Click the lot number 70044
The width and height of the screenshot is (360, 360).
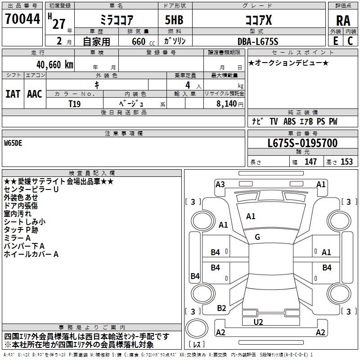click(22, 19)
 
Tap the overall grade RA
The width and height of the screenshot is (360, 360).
click(343, 21)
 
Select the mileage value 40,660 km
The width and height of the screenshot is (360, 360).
click(55, 65)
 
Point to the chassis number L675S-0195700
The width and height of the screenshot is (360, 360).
click(302, 143)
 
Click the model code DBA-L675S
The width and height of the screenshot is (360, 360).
click(258, 41)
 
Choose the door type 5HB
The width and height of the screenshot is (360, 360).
click(174, 20)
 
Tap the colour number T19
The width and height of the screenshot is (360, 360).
click(75, 104)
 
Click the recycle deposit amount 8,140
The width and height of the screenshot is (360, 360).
click(226, 104)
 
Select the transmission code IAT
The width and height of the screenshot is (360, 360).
click(13, 94)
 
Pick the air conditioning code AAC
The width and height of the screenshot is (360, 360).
click(35, 94)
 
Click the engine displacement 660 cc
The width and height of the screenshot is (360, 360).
click(143, 42)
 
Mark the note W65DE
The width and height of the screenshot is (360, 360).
click(13, 143)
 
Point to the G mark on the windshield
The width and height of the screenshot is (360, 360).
click(257, 237)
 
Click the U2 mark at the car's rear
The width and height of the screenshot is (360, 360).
click(258, 322)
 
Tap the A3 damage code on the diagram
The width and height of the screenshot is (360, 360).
click(220, 184)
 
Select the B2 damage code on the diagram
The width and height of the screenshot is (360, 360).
click(221, 308)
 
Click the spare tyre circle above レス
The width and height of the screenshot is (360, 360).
click(197, 328)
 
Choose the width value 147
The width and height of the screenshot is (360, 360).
click(310, 162)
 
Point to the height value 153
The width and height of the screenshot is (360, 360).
click(346, 162)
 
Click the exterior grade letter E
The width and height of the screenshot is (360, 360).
click(336, 41)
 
